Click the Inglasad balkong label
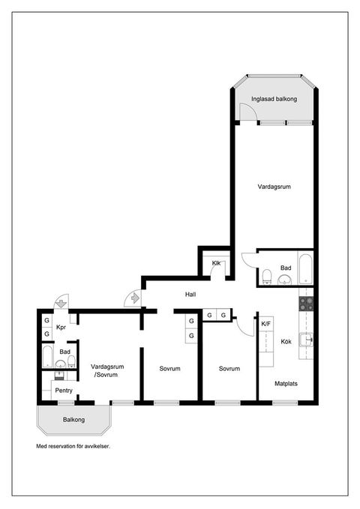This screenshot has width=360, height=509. pos(274,99)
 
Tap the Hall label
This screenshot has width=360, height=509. pos(190,295)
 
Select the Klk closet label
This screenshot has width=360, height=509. pos(216,263)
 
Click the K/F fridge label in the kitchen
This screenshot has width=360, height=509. pos(265,324)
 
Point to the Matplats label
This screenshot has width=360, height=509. pos(286,383)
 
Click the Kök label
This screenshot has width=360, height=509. pos(286,342)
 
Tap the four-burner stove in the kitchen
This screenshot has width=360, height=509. pos(306,304)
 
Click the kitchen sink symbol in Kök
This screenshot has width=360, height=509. pos(306,340)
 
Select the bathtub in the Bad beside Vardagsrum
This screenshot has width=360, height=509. pos(305,269)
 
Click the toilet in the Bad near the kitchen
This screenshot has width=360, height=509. pos(267,277)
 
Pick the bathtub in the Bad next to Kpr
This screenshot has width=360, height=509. pos(47,356)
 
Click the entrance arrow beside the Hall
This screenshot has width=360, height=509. pos(135,298)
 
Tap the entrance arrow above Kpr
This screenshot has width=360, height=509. pos(61,304)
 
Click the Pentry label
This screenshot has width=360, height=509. pos(64,391)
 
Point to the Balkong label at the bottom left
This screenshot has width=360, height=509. pos(73,420)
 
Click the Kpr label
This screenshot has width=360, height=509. pos(61,327)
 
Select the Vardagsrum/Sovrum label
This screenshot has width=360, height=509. pos(107,371)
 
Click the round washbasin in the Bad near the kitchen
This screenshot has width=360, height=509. pos(285,279)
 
